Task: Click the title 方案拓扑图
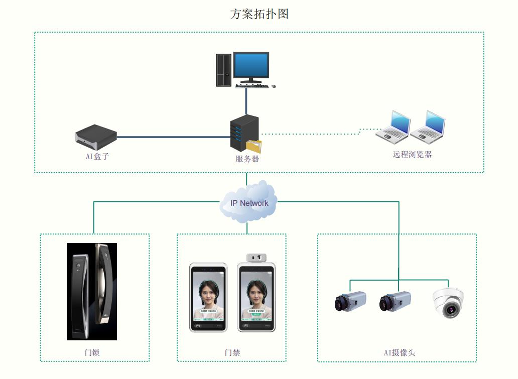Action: tap(259, 14)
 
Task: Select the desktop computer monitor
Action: tap(251, 66)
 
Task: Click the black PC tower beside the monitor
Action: tap(224, 70)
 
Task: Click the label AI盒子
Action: tap(97, 157)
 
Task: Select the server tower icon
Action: tap(243, 132)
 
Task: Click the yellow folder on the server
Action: tap(254, 146)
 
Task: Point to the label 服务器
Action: tap(247, 159)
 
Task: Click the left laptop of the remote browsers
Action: tap(393, 125)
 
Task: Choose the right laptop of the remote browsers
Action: tap(428, 125)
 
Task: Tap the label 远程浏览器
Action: tap(412, 155)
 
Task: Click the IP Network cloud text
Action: tap(249, 203)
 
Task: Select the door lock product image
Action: tap(92, 291)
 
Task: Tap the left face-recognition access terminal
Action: tap(208, 297)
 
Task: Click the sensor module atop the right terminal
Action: tap(256, 258)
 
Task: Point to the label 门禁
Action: tap(232, 352)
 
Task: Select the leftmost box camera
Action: tap(350, 301)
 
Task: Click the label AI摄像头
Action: tap(400, 352)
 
